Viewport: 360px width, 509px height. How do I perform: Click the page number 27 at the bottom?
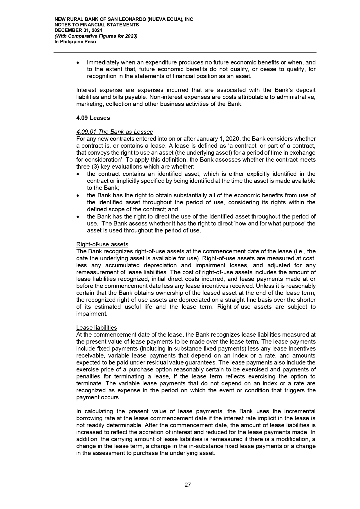pyautogui.click(x=188, y=485)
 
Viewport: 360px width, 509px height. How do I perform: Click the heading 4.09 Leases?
pyautogui.click(x=93, y=118)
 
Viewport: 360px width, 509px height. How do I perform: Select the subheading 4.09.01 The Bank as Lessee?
pyautogui.click(x=115, y=132)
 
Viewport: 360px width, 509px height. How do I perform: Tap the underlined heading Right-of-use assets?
pyautogui.click(x=102, y=244)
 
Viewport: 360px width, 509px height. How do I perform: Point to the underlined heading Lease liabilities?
pyautogui.click(x=97, y=328)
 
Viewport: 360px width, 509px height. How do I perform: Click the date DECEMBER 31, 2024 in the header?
pyautogui.click(x=78, y=30)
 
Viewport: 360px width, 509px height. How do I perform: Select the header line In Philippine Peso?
pyautogui.click(x=75, y=42)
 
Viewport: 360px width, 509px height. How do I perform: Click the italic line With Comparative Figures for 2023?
pyautogui.click(x=96, y=36)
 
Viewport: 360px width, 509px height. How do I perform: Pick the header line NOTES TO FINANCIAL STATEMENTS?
pyautogui.click(x=97, y=25)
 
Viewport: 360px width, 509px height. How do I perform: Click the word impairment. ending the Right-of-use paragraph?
pyautogui.click(x=92, y=314)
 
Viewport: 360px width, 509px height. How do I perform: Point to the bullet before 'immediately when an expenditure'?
pyautogui.click(x=78, y=63)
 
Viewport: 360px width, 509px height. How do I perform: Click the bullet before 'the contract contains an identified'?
pyautogui.click(x=78, y=174)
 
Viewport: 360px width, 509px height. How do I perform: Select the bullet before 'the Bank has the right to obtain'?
pyautogui.click(x=78, y=196)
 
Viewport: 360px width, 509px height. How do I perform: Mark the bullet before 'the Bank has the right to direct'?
pyautogui.click(x=78, y=217)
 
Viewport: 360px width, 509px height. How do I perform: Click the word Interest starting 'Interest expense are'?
pyautogui.click(x=86, y=90)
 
